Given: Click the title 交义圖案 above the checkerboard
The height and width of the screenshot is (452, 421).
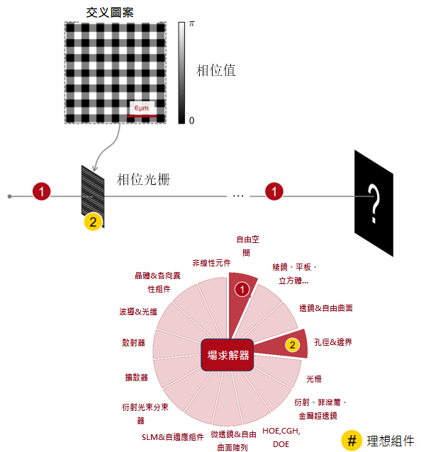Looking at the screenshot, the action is tap(110, 12).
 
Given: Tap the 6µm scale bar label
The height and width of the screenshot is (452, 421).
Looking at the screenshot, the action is tap(142, 108).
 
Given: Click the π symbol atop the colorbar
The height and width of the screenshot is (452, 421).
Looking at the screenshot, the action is tap(192, 24).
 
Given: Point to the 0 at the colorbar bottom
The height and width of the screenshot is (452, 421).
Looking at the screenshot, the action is tap(191, 120).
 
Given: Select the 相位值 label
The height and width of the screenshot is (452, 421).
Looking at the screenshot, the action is tap(216, 71).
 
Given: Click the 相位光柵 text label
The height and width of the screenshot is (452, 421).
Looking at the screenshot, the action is tap(143, 179).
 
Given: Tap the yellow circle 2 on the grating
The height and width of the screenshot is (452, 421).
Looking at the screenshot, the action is tap(93, 222).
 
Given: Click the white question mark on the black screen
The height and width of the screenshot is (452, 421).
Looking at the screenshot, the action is tap(374, 204).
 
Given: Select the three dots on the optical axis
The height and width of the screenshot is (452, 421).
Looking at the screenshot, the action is tap(238, 196).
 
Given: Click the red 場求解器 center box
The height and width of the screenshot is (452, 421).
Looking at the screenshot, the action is tap(228, 355).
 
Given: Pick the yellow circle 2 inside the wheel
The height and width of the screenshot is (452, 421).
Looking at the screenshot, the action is tap(293, 345).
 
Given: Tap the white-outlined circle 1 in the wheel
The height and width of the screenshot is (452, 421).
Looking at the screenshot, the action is tap(242, 290).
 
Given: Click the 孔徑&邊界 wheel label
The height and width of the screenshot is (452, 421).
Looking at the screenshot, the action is tap(333, 342).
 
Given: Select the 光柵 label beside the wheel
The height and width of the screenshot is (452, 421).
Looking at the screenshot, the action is tap(314, 379).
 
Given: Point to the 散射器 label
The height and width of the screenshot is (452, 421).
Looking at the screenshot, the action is tap(133, 343).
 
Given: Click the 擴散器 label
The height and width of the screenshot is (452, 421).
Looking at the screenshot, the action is tap(136, 378).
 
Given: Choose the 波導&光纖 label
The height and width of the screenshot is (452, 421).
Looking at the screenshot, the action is tap(138, 312).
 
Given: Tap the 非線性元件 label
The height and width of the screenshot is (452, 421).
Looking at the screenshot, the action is tap(211, 263).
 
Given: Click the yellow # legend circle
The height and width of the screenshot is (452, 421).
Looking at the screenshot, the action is tap(352, 441).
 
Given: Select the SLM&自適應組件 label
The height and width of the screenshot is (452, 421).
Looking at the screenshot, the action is tap(172, 437).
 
